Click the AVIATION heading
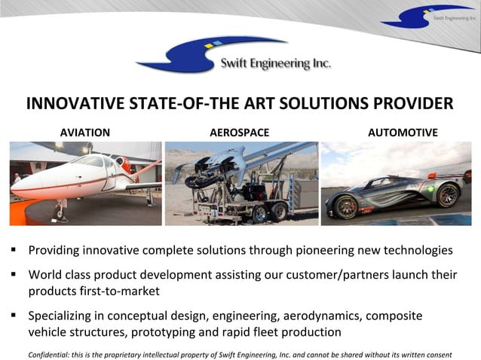[84, 133]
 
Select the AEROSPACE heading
[239, 133]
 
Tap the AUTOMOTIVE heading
[403, 133]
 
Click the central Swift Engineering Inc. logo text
[274, 64]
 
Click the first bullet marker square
[14, 249]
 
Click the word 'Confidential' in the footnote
[49, 354]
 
